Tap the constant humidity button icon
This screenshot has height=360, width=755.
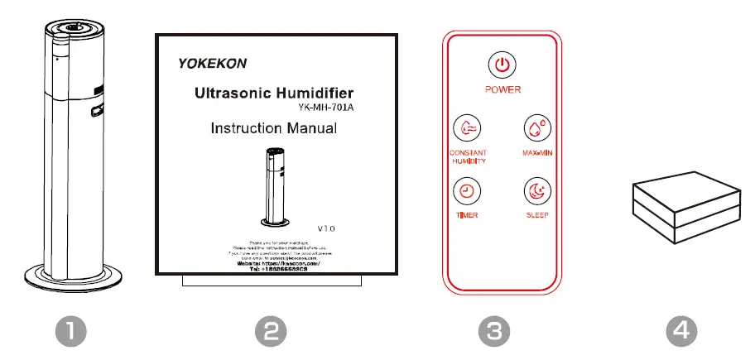(x=467, y=129)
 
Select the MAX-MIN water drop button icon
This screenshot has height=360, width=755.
(x=536, y=129)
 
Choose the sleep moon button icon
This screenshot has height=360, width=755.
(x=536, y=191)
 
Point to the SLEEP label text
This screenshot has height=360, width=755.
(x=536, y=215)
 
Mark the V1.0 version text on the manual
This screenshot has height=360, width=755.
(x=327, y=227)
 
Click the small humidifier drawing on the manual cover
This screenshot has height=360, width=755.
(x=276, y=186)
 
